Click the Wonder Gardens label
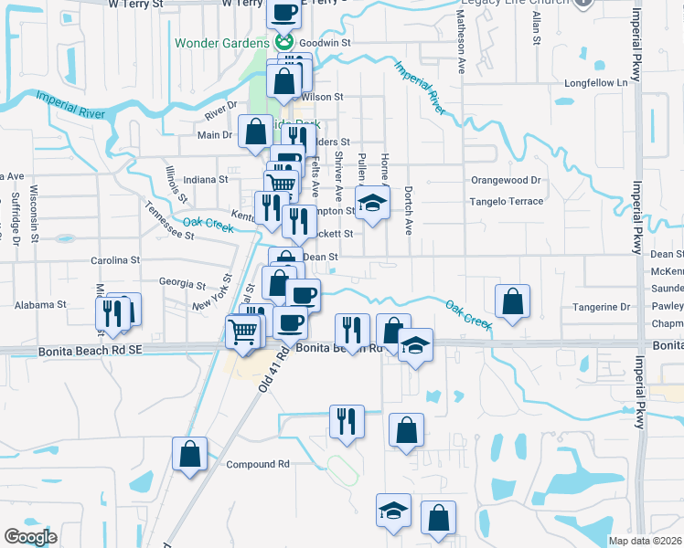pyautogui.click(x=222, y=43)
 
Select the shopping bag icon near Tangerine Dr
pyautogui.click(x=513, y=302)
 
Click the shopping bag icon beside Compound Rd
pyautogui.click(x=189, y=454)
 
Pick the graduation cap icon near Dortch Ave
pyautogui.click(x=372, y=204)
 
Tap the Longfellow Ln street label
pyautogui.click(x=598, y=83)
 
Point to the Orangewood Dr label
pyautogui.click(x=506, y=180)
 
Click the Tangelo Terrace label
pyautogui.click(x=506, y=201)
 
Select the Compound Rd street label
pyautogui.click(x=258, y=464)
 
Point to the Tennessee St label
pyautogui.click(x=170, y=221)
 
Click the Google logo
pyautogui.click(x=30, y=537)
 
